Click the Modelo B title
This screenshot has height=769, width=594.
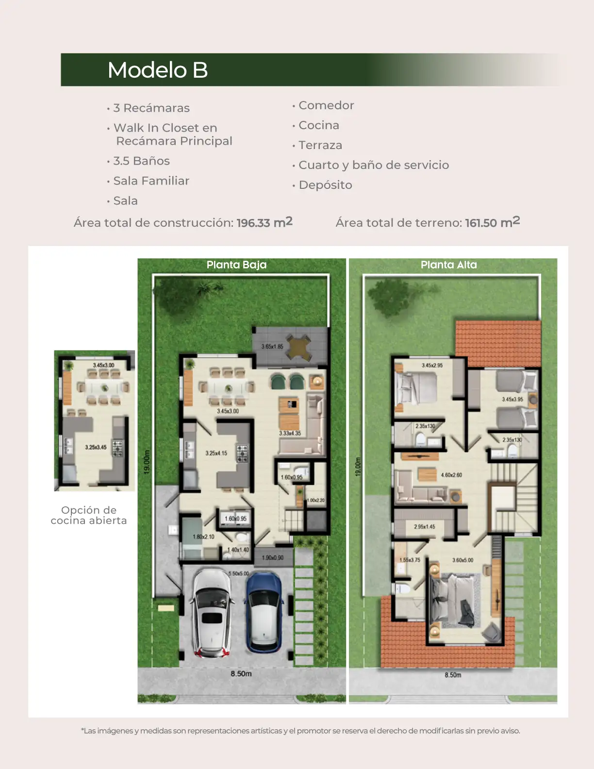pyautogui.click(x=158, y=70)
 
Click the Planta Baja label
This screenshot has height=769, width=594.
pyautogui.click(x=236, y=265)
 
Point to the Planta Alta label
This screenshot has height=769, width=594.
pyautogui.click(x=448, y=265)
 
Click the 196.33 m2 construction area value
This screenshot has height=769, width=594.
pyautogui.click(x=264, y=223)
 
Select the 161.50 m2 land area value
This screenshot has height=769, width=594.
pyautogui.click(x=492, y=223)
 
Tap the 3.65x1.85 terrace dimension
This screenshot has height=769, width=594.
pyautogui.click(x=272, y=347)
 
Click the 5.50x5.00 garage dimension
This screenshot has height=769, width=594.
pyautogui.click(x=239, y=573)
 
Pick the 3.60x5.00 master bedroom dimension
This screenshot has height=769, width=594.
pyautogui.click(x=462, y=560)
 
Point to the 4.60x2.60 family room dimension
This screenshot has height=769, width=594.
pyautogui.click(x=451, y=475)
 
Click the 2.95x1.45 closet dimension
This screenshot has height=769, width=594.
pyautogui.click(x=424, y=527)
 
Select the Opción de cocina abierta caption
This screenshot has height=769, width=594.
pyautogui.click(x=89, y=515)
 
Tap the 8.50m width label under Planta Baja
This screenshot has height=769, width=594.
pyautogui.click(x=241, y=674)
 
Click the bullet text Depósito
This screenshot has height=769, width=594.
pyautogui.click(x=325, y=185)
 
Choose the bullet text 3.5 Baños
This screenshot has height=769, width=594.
pyautogui.click(x=141, y=161)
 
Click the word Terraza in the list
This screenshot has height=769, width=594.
pyautogui.click(x=320, y=145)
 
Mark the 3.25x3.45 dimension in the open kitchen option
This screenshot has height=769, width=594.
pyautogui.click(x=96, y=448)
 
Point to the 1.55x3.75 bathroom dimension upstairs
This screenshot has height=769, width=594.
pyautogui.click(x=410, y=560)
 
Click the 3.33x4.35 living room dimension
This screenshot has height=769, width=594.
pyautogui.click(x=290, y=434)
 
